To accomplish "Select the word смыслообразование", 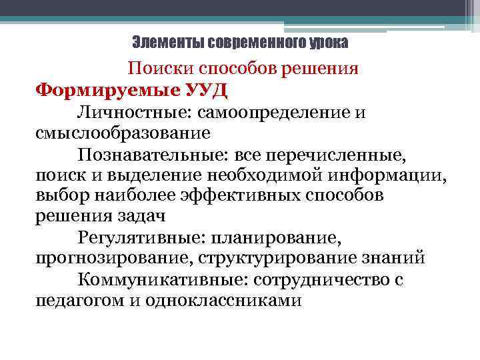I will (123, 133).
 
